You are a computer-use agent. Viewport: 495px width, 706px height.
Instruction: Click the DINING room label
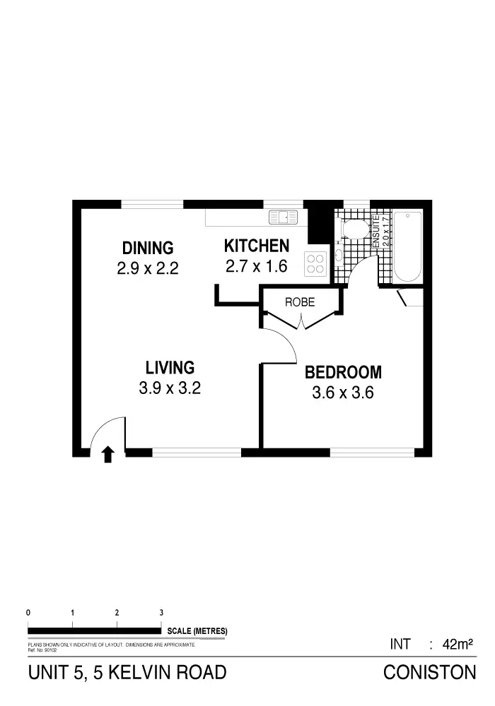click(148, 248)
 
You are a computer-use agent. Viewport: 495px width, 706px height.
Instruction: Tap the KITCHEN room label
click(256, 246)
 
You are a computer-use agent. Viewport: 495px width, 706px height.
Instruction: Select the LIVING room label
click(170, 367)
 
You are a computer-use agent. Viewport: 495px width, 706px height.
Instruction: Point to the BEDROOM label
click(343, 372)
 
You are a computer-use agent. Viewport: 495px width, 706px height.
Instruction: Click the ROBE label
click(299, 302)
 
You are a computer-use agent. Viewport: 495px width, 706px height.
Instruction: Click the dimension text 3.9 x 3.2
click(170, 388)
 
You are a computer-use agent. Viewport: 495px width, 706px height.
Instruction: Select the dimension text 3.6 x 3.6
click(343, 393)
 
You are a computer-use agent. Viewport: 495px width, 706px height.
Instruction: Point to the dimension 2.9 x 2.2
click(148, 268)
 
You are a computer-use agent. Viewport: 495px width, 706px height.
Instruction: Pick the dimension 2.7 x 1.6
click(256, 266)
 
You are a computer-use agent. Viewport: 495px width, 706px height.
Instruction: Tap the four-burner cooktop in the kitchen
click(316, 263)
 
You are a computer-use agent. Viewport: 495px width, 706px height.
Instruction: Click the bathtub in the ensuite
click(407, 246)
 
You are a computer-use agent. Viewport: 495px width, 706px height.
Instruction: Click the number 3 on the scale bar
click(161, 613)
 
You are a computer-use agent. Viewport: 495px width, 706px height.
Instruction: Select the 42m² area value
click(457, 644)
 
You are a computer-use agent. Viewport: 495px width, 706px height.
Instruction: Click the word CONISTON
click(429, 672)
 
